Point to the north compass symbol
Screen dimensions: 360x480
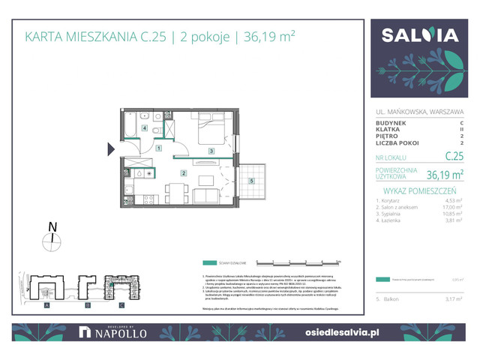click(x=52, y=239)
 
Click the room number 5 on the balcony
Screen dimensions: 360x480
click(x=252, y=181)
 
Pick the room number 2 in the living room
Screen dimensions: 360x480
click(x=183, y=173)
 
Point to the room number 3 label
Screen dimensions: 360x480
click(x=212, y=151)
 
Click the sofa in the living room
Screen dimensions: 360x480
click(x=208, y=196)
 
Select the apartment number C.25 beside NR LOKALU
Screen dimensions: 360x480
click(x=452, y=156)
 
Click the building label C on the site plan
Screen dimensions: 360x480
click(x=122, y=306)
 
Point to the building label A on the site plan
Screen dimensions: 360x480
click(x=46, y=306)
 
